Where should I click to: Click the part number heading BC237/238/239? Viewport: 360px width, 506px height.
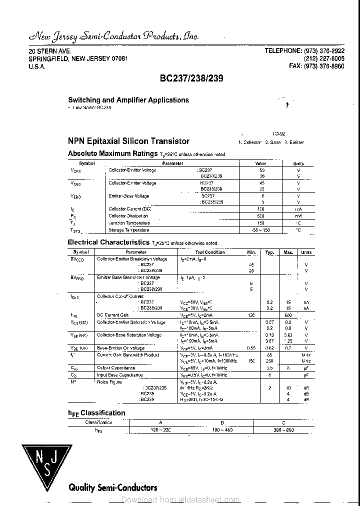pos(191,78)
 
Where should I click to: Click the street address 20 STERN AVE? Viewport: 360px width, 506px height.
pos(49,51)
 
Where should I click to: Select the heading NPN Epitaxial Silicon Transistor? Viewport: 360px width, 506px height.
pos(128,141)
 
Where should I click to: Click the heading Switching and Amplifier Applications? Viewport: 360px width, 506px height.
pos(128,100)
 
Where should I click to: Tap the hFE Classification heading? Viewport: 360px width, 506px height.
pos(96,413)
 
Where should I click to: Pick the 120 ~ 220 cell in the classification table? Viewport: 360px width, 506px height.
pos(160,430)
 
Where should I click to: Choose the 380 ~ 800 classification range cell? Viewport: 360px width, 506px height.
pos(284,430)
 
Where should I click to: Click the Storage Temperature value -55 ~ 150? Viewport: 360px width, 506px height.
pos(261,230)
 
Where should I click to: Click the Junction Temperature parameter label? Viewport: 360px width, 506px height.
pos(129,223)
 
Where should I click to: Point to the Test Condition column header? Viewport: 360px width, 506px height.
pos(210,252)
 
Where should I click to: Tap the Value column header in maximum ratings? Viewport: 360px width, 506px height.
pos(261,163)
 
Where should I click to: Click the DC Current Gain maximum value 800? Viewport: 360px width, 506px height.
pos(288,315)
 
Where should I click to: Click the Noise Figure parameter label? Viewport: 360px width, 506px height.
pos(109,381)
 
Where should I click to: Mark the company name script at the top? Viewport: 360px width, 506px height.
pos(113,36)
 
